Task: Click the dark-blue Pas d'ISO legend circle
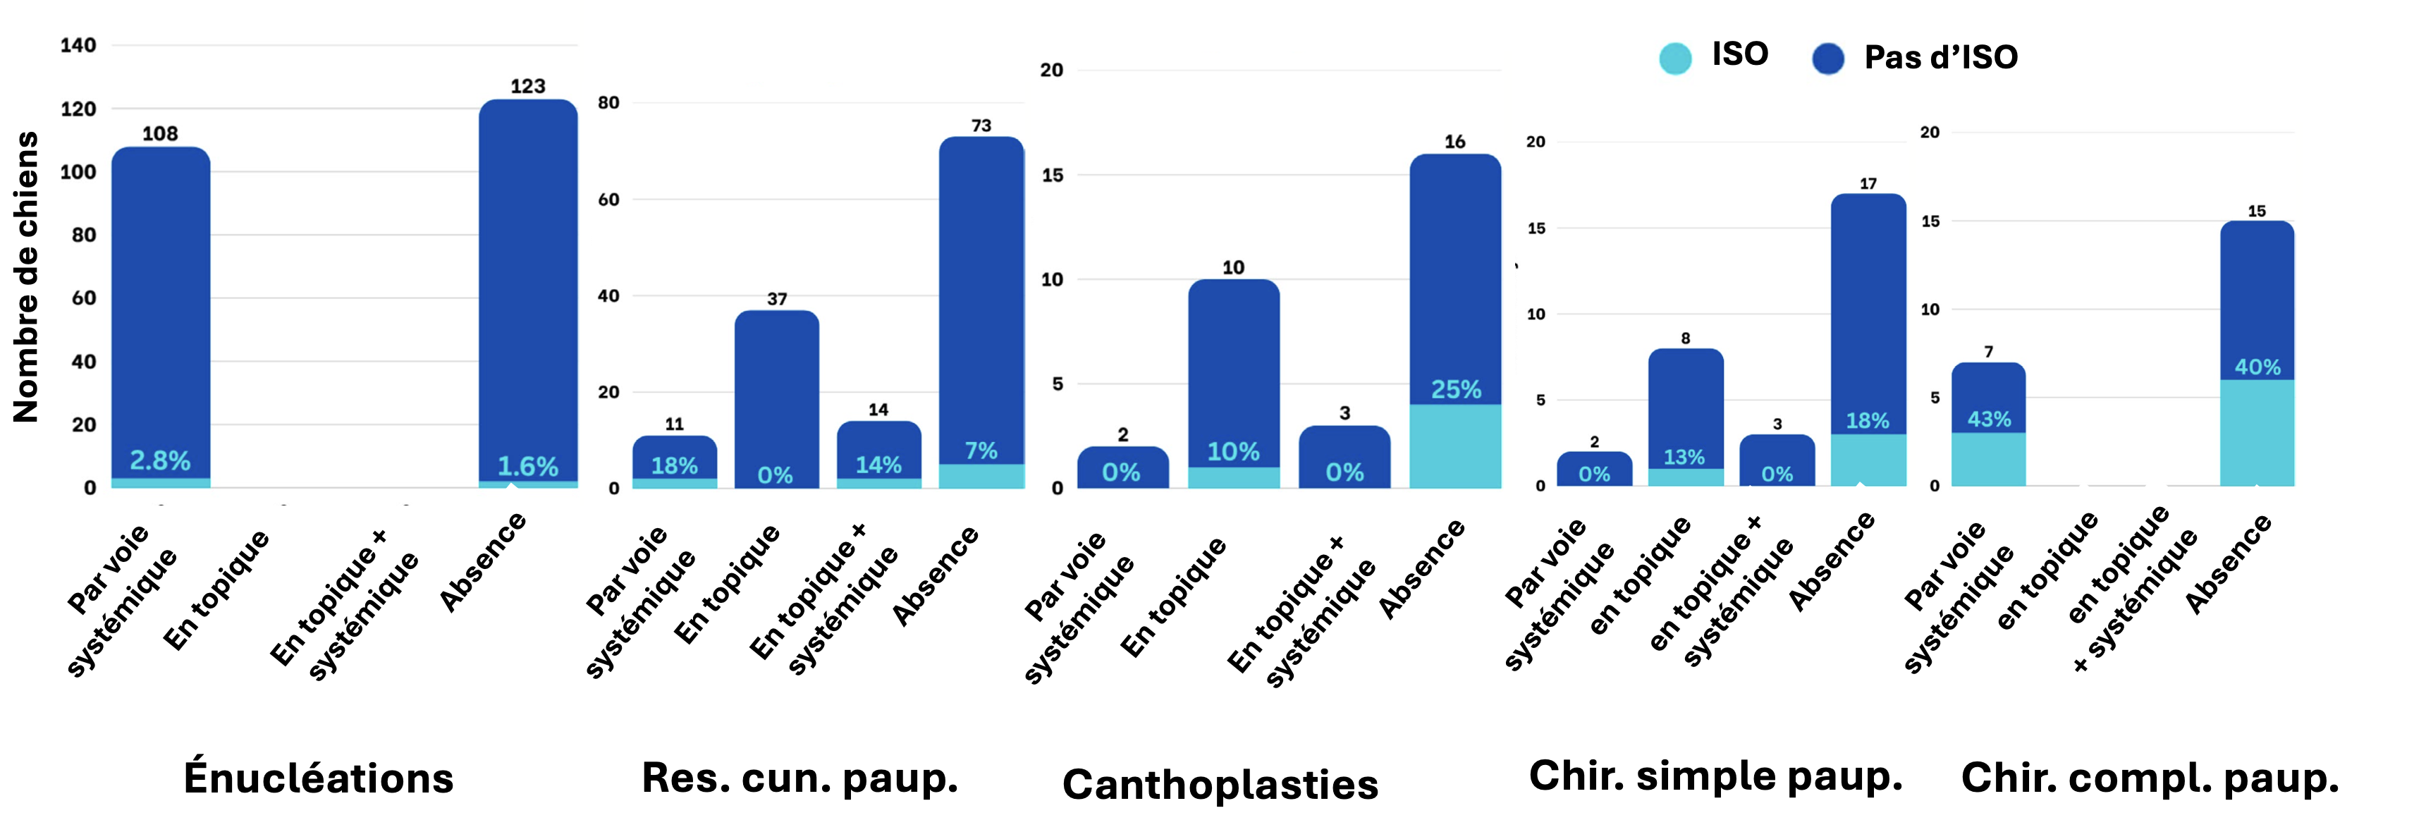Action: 1827,58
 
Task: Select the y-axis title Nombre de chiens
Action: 26,277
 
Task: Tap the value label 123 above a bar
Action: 527,86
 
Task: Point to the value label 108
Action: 160,134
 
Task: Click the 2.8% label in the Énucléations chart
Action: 160,460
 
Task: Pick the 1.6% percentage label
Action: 527,465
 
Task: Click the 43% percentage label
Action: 1989,419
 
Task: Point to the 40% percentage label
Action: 2257,367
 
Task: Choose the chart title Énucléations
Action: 319,778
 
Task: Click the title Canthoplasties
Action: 1220,784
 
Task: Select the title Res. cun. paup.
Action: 799,778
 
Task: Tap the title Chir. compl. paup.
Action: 2150,778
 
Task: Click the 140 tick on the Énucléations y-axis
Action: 79,45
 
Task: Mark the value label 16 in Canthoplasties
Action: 1454,142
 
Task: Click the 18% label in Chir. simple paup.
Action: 1868,421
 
